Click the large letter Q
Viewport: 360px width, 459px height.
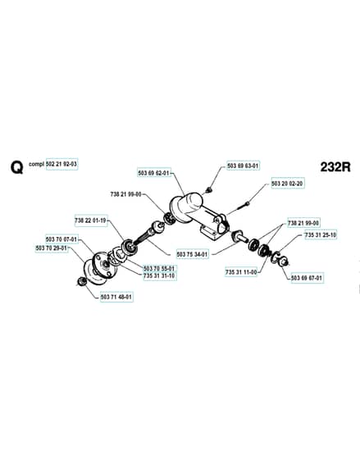pyautogui.click(x=17, y=168)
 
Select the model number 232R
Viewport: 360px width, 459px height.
pyautogui.click(x=335, y=167)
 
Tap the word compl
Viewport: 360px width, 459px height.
pyautogui.click(x=36, y=164)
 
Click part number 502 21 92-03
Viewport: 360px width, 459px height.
pyautogui.click(x=62, y=164)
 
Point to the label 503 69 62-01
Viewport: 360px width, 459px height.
pyautogui.click(x=154, y=173)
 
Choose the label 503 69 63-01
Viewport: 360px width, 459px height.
pyautogui.click(x=243, y=166)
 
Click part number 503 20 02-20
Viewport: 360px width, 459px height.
pyautogui.click(x=287, y=184)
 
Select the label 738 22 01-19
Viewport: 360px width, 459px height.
pyautogui.click(x=90, y=220)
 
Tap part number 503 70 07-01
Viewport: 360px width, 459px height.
pyautogui.click(x=62, y=239)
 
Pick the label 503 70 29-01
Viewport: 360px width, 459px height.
pyautogui.click(x=52, y=248)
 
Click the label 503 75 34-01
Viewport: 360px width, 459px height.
pyautogui.click(x=192, y=254)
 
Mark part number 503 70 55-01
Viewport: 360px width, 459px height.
pyautogui.click(x=159, y=268)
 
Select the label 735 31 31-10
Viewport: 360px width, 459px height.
pyautogui.click(x=159, y=275)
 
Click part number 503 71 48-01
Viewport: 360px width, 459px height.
pyautogui.click(x=116, y=297)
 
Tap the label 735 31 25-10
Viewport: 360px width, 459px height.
pyautogui.click(x=321, y=234)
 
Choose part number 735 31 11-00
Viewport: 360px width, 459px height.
pyautogui.click(x=241, y=272)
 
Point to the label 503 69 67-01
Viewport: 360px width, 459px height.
pyautogui.click(x=307, y=277)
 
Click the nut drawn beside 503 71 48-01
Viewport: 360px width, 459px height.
pyautogui.click(x=80, y=282)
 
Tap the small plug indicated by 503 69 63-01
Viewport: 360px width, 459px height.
pyautogui.click(x=209, y=189)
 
